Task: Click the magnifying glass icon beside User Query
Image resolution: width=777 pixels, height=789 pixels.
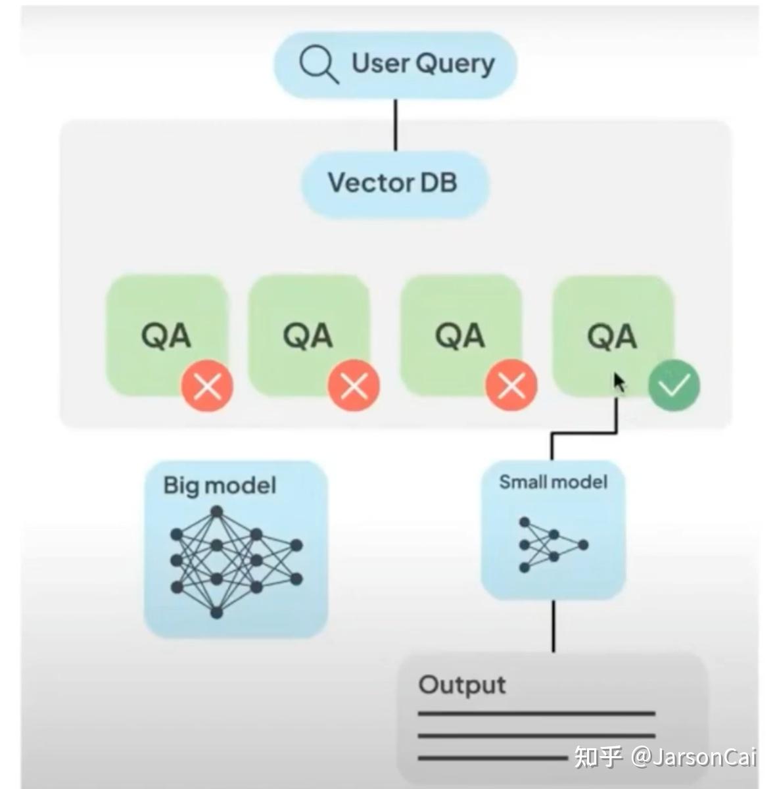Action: (x=318, y=65)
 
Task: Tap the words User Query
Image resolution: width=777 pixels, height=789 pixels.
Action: (x=423, y=64)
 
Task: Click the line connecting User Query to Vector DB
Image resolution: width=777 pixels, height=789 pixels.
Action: (x=395, y=125)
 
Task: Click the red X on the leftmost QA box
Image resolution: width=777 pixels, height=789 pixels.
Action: (x=208, y=387)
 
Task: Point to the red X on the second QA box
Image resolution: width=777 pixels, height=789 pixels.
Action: (x=354, y=387)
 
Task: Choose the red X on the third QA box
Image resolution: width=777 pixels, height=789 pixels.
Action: (x=511, y=387)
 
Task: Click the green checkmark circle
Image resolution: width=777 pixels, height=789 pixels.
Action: (x=674, y=386)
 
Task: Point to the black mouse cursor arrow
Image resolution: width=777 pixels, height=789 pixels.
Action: (x=619, y=383)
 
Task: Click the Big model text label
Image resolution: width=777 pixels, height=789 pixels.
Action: (x=220, y=486)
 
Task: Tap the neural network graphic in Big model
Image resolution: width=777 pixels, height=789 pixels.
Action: (x=235, y=562)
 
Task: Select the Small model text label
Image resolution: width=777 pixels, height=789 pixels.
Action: (x=553, y=482)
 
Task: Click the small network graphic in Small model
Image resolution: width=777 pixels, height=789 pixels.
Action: (x=552, y=544)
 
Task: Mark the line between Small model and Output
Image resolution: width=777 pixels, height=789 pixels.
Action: (x=553, y=626)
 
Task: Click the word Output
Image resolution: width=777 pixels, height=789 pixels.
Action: (x=462, y=685)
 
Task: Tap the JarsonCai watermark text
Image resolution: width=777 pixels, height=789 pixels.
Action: (x=694, y=757)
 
